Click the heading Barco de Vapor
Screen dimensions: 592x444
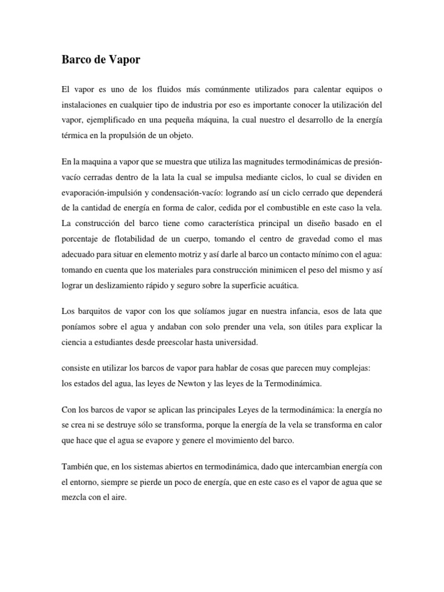click(x=101, y=60)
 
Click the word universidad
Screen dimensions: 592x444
click(x=236, y=342)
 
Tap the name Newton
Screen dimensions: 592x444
click(x=178, y=383)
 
